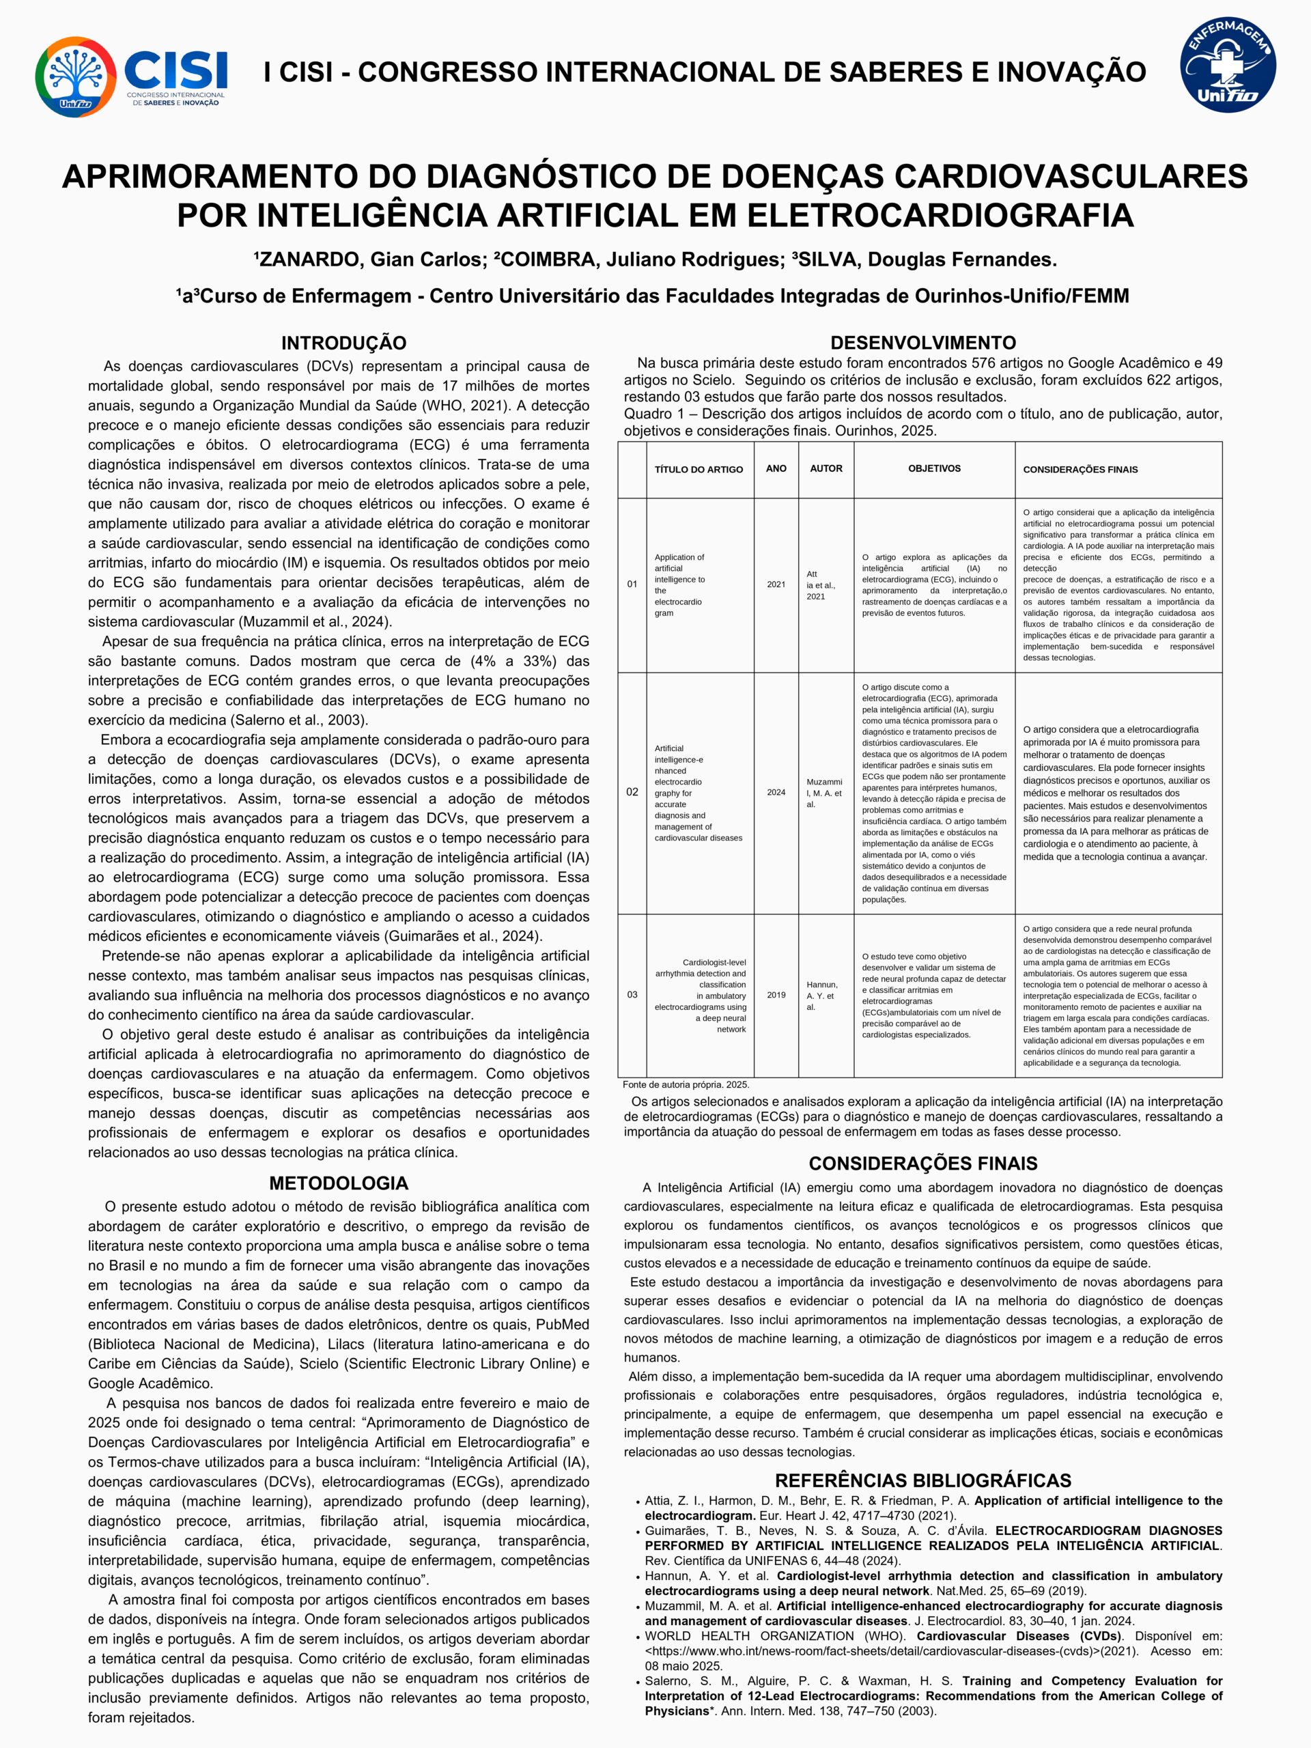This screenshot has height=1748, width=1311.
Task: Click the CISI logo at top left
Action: click(x=131, y=76)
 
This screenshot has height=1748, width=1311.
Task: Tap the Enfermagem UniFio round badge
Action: click(x=1227, y=66)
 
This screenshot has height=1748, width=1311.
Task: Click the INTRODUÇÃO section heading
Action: click(x=343, y=343)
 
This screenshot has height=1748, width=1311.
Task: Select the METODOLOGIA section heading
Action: click(x=338, y=1183)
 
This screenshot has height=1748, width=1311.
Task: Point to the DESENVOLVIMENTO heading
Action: click(x=923, y=343)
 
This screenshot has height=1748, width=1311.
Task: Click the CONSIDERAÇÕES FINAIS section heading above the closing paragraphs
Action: click(x=923, y=1164)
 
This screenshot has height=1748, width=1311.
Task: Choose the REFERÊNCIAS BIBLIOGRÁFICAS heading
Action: click(x=923, y=1480)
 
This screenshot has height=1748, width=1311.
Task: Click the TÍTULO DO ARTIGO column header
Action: click(x=699, y=469)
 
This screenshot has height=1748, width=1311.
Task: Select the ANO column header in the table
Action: click(x=776, y=468)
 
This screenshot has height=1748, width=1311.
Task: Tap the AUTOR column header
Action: click(x=826, y=468)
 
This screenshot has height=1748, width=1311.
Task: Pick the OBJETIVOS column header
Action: click(x=934, y=468)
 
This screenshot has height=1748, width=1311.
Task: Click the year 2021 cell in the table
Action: click(x=776, y=584)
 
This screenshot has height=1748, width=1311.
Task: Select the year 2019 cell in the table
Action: click(x=776, y=995)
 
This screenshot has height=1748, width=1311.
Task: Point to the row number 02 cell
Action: click(x=632, y=792)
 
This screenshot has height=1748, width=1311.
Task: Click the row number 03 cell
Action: click(x=632, y=995)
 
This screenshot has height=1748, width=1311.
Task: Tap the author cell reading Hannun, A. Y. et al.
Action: click(x=822, y=996)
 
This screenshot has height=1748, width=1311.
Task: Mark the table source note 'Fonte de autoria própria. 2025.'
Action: click(x=686, y=1085)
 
